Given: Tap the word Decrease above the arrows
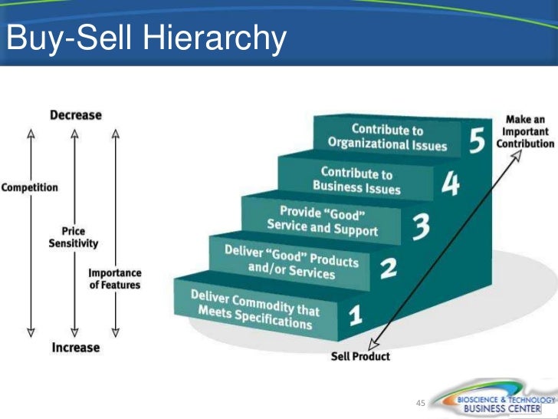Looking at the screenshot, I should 75,115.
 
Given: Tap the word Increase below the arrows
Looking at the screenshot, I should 75,348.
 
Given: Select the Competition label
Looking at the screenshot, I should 30,186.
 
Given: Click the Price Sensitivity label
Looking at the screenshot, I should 74,237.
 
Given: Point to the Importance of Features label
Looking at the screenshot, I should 114,279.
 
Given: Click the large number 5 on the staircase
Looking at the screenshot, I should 477,140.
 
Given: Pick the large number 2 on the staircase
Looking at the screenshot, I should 388,269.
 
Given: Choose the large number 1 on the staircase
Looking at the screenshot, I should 355,315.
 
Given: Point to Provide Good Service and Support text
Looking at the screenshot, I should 323,219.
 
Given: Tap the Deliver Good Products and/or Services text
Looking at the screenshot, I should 291,262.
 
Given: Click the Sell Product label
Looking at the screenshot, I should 360,356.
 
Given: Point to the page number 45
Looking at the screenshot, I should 419,404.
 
